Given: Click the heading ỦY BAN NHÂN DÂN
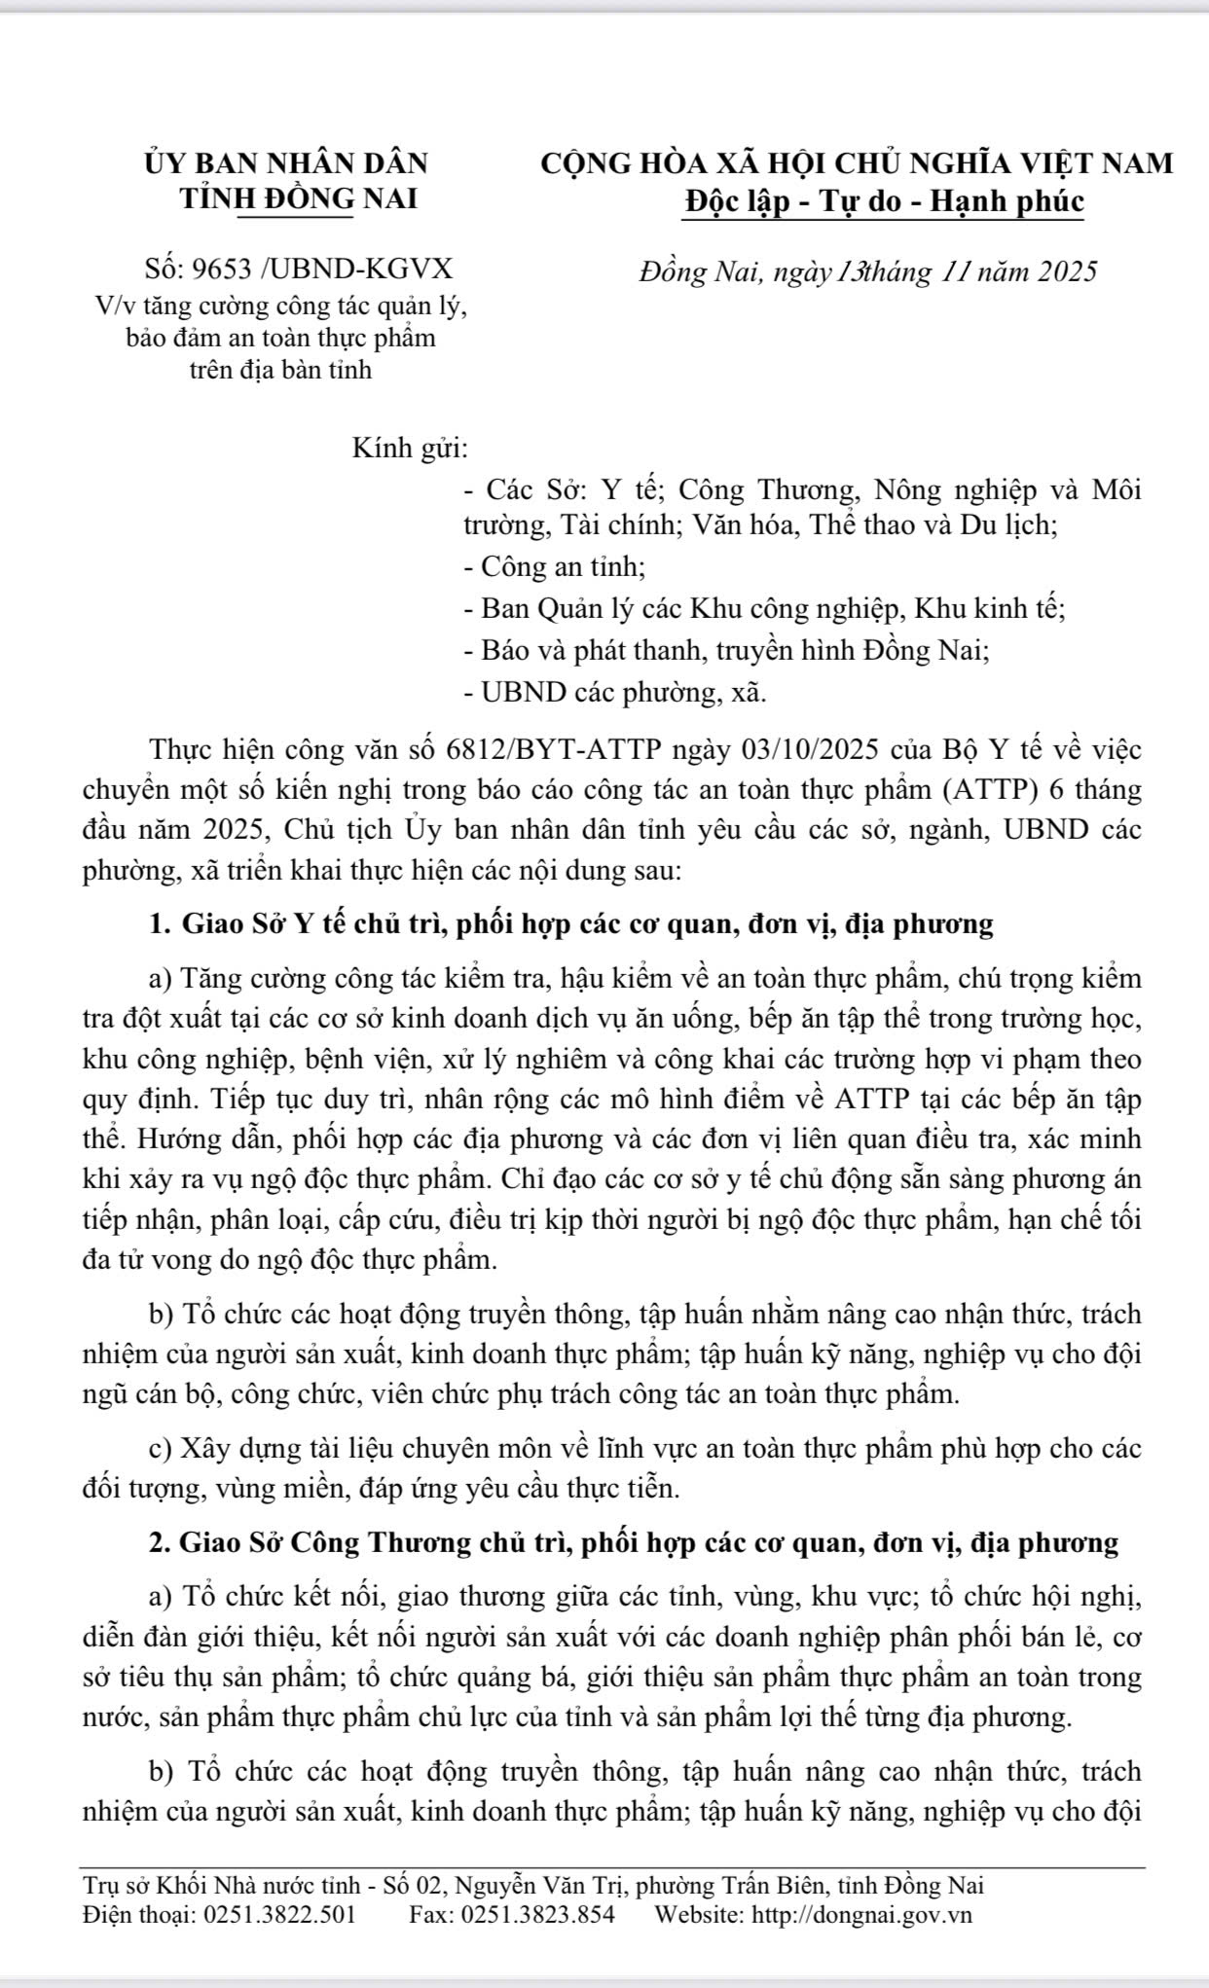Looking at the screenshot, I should coord(285,163).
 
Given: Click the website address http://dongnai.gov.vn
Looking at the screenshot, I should coord(860,1916).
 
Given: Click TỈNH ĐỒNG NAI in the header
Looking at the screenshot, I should coord(300,199).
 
